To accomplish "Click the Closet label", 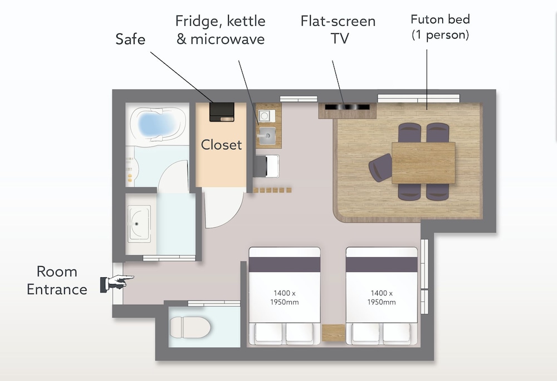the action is point(221,144).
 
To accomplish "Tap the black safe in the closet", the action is point(222,112).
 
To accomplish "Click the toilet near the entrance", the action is point(190,327).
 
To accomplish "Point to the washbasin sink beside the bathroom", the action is point(139,224).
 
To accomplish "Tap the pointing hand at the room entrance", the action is point(117,282).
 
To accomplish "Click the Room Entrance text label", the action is point(57,281).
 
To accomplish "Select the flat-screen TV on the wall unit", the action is point(347,106).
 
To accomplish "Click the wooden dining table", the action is point(423,163).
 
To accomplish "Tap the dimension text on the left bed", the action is point(284,297).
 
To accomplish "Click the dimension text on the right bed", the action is point(382,297).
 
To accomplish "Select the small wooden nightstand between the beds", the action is point(333,333).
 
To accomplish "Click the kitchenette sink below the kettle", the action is point(267,136).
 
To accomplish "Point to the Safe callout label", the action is point(130,39).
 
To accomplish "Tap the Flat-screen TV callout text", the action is point(338,30).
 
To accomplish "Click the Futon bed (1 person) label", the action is point(440,27).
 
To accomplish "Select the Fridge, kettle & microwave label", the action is point(220,30).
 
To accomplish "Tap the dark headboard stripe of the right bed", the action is point(382,265).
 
